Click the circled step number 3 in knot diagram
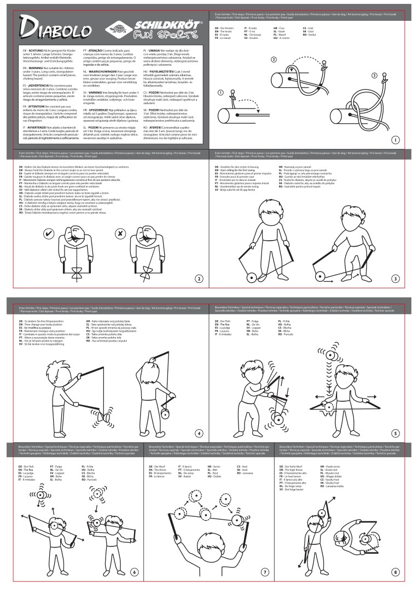[374, 75]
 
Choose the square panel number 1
[395, 141]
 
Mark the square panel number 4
[199, 433]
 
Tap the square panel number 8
[395, 572]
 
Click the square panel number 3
[395, 278]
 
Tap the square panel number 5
[395, 433]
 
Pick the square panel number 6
[134, 572]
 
